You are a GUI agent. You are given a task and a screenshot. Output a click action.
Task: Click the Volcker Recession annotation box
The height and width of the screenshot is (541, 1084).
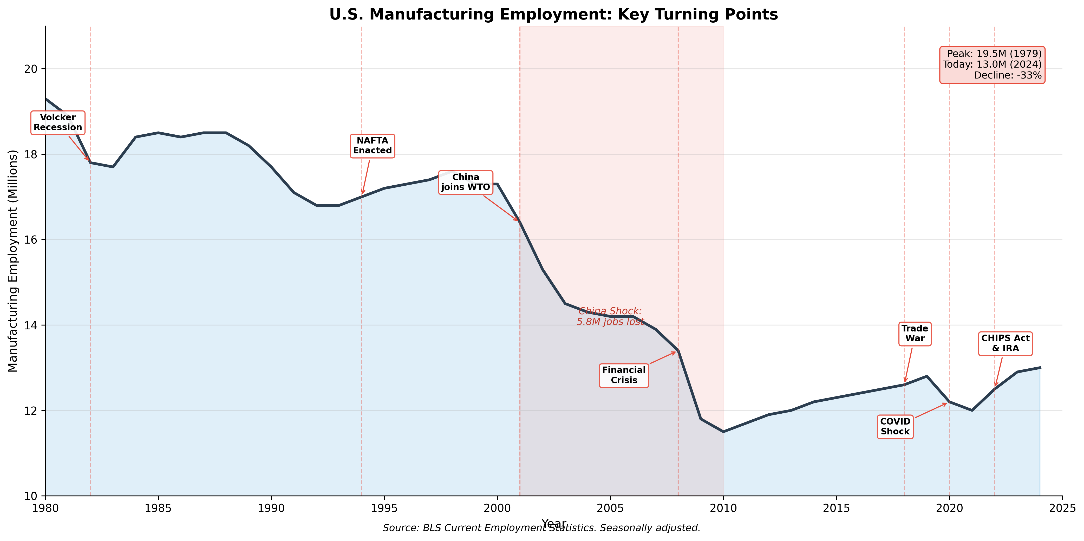[x=58, y=122]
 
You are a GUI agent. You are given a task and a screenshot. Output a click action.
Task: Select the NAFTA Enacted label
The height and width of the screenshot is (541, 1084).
[x=373, y=146]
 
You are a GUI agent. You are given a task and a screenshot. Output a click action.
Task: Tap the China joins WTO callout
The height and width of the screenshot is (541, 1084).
[x=465, y=182]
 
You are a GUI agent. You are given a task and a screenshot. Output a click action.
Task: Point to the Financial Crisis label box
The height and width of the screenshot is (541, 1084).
[x=624, y=375]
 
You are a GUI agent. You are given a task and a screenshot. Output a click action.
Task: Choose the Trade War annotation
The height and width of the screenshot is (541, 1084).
[x=915, y=334]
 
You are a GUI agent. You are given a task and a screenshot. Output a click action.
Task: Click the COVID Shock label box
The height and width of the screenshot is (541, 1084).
[x=895, y=427]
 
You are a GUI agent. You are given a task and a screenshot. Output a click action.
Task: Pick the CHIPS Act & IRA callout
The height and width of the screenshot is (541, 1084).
[x=1005, y=343]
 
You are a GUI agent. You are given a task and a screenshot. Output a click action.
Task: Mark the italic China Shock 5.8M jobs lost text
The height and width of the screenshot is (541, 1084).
[x=610, y=316]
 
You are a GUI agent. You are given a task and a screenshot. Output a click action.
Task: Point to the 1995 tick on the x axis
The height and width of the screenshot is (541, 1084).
[x=384, y=508]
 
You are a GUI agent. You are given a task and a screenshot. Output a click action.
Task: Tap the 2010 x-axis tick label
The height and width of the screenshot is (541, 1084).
[x=723, y=508]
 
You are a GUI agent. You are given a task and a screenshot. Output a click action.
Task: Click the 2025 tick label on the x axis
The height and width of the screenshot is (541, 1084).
[x=1062, y=508]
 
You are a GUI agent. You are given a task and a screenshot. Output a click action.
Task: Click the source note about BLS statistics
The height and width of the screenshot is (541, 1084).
[x=541, y=528]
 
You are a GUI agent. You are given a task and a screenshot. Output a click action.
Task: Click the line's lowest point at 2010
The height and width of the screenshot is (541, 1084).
[x=723, y=432]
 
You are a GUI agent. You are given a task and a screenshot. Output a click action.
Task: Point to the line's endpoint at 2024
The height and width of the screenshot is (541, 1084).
[x=1040, y=368]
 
